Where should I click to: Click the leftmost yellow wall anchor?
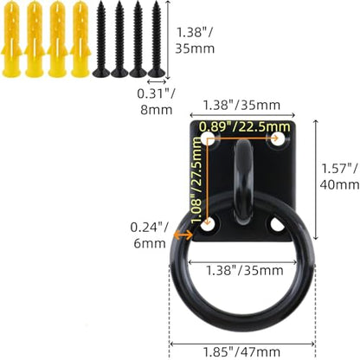coord(11,39)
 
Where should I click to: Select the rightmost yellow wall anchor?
coord(80,39)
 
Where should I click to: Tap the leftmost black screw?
coord(101,39)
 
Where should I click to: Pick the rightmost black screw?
coord(157,39)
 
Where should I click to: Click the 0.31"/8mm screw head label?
coord(156,101)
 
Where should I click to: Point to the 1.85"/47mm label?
coord(241,352)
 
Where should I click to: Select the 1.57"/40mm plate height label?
coord(340,177)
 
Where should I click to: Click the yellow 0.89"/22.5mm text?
coord(245,126)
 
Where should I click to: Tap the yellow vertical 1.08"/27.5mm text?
coord(196,180)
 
